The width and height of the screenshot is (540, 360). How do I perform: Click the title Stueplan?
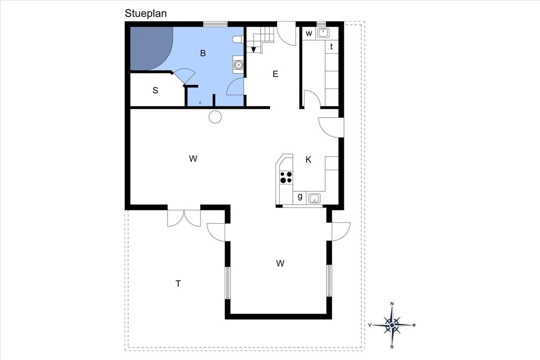click(145, 14)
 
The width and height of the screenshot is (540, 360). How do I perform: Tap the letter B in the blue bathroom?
click(203, 53)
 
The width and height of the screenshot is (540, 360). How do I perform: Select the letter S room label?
click(156, 90)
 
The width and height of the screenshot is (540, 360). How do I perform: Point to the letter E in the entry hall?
click(275, 74)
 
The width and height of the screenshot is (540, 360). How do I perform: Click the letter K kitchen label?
click(308, 160)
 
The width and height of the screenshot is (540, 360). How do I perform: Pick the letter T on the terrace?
click(178, 284)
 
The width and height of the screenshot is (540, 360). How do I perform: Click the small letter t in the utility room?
click(332, 46)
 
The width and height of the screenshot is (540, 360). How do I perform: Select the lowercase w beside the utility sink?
click(309, 33)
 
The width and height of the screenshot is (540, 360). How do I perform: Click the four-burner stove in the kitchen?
click(286, 177)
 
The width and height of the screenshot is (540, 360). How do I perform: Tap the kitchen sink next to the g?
click(314, 198)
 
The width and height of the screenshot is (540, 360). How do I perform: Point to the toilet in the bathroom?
click(238, 39)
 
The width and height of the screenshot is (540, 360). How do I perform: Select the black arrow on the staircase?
click(253, 50)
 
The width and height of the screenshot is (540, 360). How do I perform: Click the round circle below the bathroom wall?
click(215, 117)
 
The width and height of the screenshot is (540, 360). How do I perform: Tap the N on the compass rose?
click(392, 304)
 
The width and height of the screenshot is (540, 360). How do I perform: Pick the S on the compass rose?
click(392, 347)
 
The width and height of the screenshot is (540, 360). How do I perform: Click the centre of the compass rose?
click(392, 325)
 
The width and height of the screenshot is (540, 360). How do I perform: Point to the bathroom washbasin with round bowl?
click(238, 64)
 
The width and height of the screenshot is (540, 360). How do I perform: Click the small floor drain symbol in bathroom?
click(200, 103)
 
